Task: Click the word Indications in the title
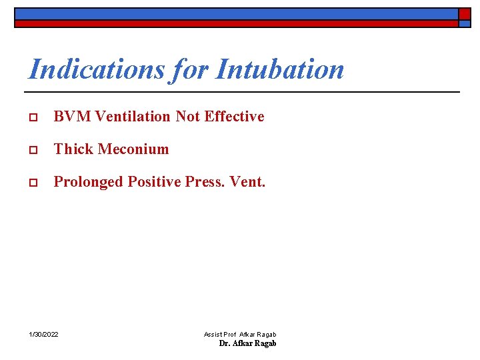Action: [x=97, y=69]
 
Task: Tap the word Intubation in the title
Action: [x=281, y=69]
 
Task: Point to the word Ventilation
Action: [x=133, y=117]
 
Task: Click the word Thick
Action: [x=73, y=149]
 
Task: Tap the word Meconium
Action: [x=133, y=149]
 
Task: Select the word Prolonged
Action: [x=87, y=181]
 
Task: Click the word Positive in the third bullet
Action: [x=152, y=181]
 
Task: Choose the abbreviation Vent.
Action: [x=248, y=181]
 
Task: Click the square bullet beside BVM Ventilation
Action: [x=33, y=117]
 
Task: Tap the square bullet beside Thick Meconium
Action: [x=33, y=150]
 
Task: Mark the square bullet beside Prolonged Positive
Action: [x=33, y=182]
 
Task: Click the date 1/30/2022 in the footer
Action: [x=43, y=334]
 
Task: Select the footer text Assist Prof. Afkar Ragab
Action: [x=240, y=334]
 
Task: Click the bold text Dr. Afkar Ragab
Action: [x=247, y=343]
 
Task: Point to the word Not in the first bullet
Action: [x=187, y=117]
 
